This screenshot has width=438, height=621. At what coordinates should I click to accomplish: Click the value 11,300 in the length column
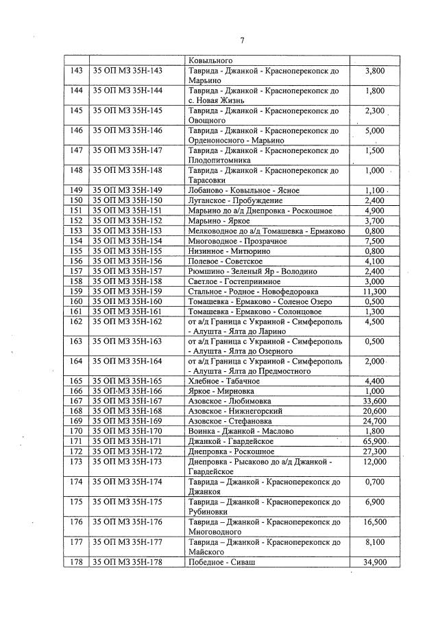374,291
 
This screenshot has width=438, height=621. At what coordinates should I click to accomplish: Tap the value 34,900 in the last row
374,562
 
